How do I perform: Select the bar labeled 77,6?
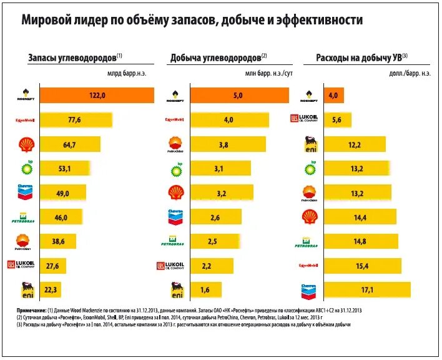76,119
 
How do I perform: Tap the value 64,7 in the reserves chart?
69,145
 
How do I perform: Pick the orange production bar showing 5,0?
238,96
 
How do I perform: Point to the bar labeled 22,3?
52,290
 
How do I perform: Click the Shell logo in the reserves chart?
26,144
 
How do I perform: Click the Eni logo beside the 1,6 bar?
175,290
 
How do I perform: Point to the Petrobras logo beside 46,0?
25,218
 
